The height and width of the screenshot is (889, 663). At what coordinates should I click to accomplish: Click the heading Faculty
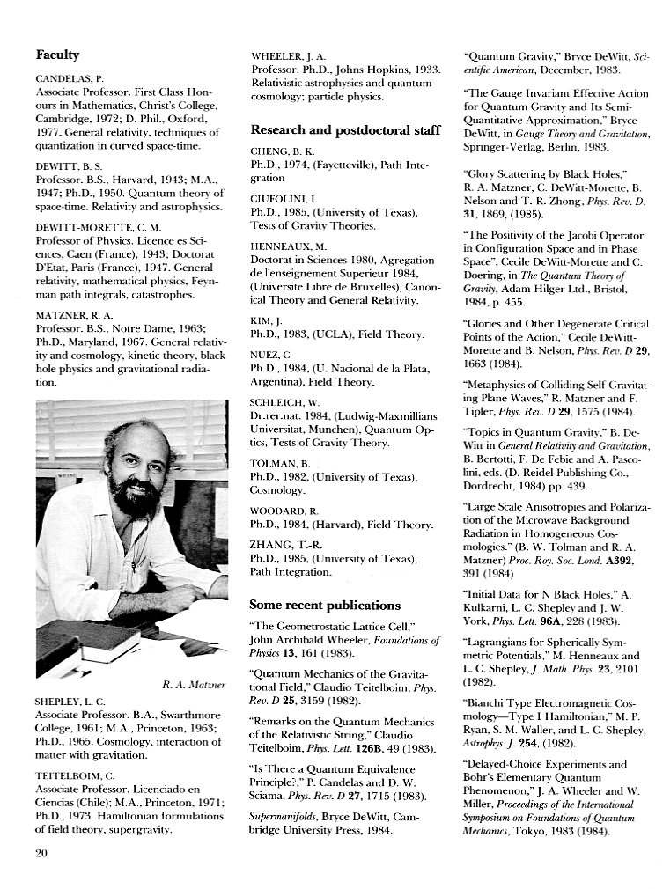57,55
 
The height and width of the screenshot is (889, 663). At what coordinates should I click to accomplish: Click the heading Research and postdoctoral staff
345,130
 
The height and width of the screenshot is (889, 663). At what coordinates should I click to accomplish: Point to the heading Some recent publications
324,605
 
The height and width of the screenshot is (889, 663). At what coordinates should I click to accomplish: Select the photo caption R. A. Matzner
195,684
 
